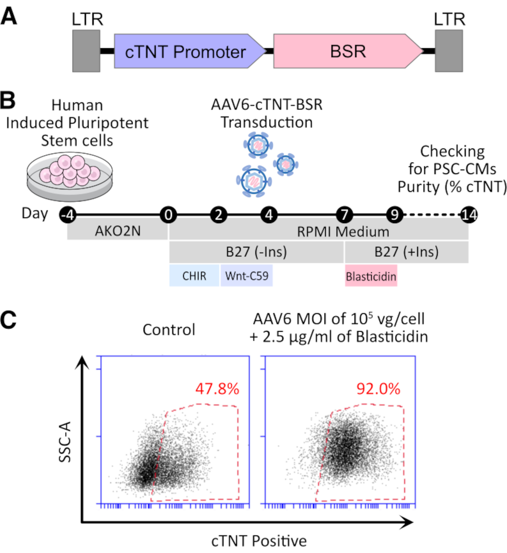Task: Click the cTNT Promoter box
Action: click(185, 51)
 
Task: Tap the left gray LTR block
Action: click(86, 51)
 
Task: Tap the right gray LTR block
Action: click(448, 51)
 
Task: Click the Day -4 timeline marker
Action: click(68, 215)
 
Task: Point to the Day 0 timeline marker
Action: click(168, 215)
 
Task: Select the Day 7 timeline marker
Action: click(345, 215)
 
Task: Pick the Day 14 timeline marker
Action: click(469, 215)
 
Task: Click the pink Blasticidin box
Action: click(371, 276)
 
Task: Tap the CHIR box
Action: click(194, 276)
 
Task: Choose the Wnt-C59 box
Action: click(247, 276)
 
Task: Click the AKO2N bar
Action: click(118, 231)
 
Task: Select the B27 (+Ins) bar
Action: click(406, 252)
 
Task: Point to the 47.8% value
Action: click(217, 389)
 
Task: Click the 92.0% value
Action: click(378, 389)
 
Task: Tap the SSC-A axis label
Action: click(65, 442)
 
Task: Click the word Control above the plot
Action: click(169, 329)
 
